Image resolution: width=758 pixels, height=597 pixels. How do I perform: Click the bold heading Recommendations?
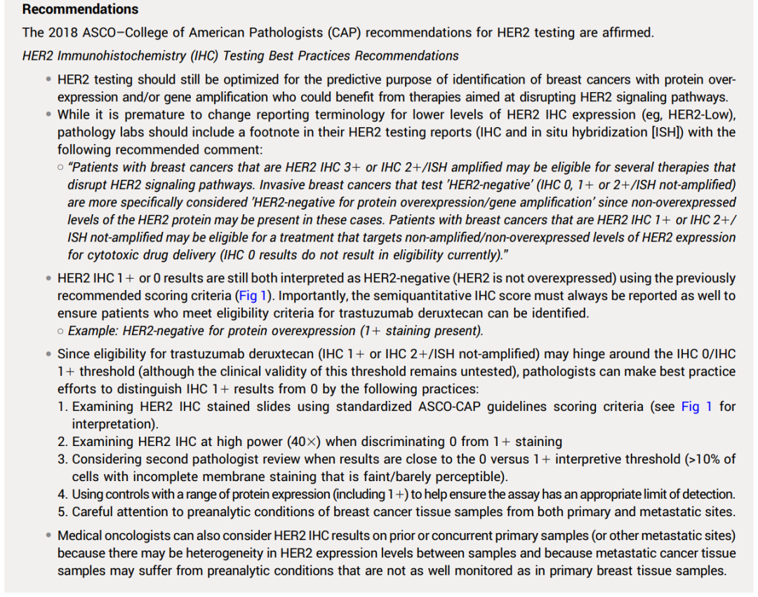tap(80, 10)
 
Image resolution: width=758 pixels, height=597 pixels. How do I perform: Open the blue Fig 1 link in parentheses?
tap(253, 296)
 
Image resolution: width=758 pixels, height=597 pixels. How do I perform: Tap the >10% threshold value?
tap(702, 459)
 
